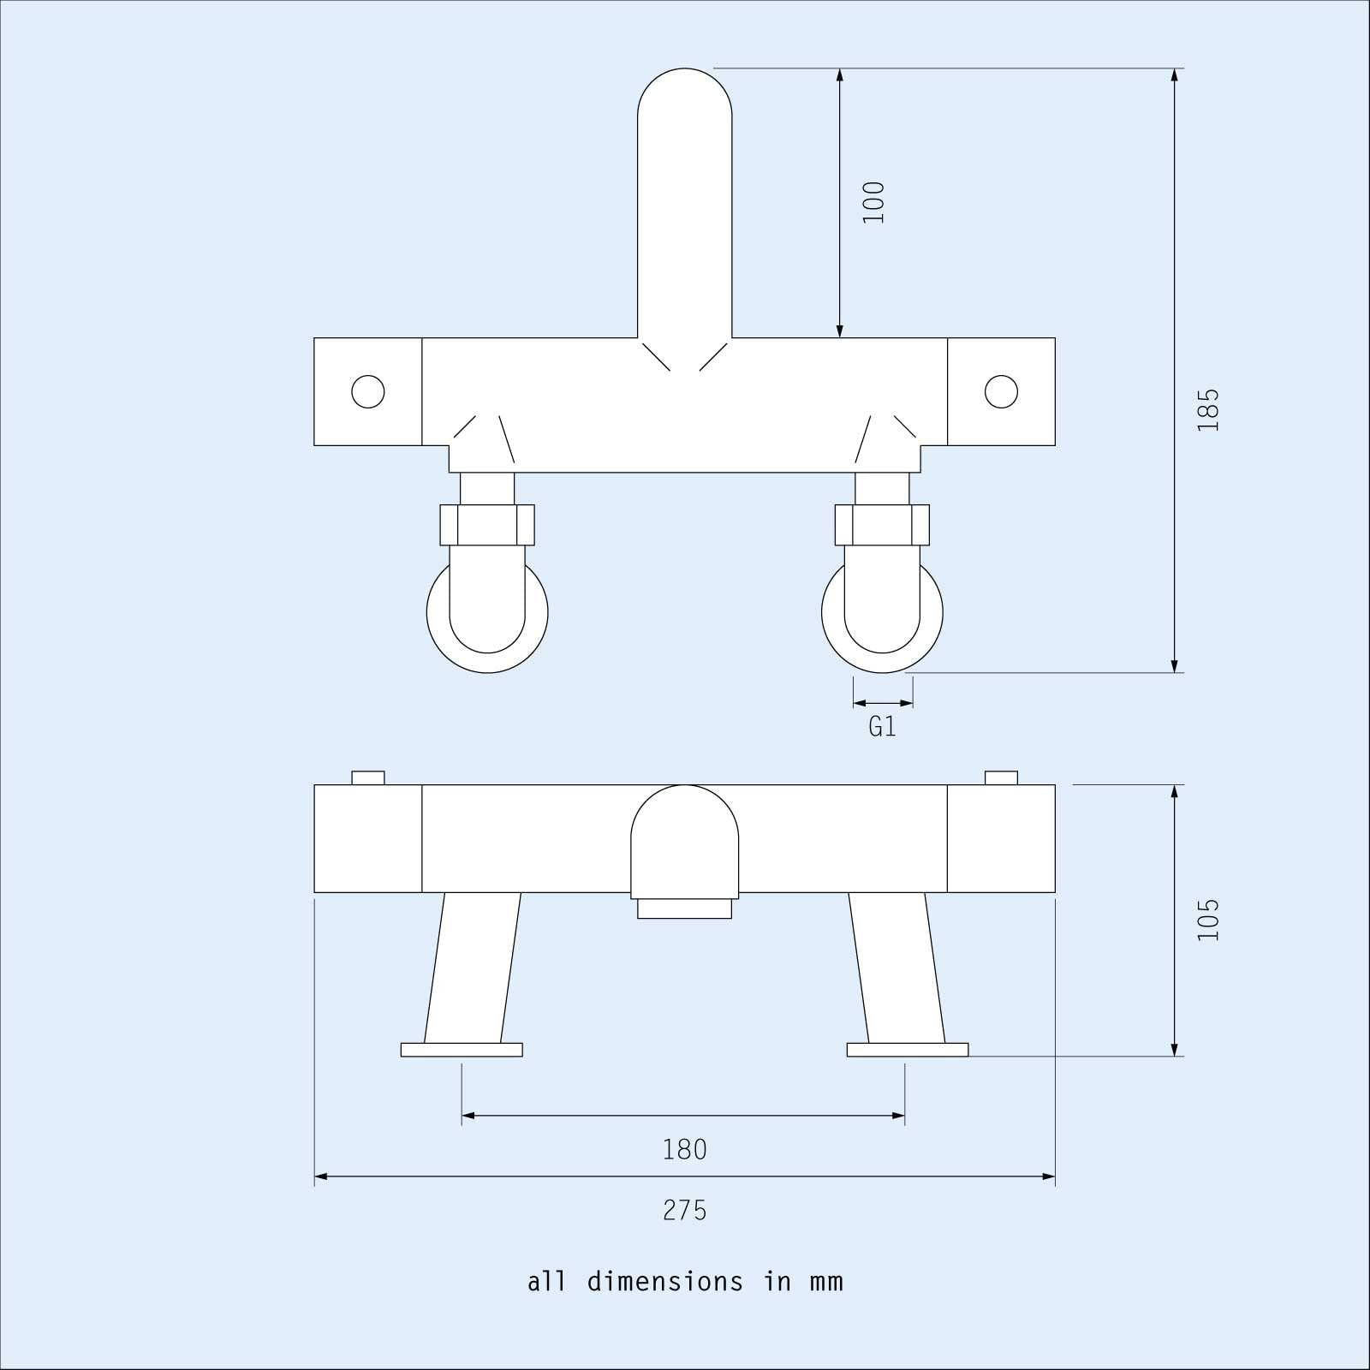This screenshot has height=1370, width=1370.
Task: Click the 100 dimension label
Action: tap(873, 203)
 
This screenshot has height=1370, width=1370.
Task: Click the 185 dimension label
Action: tap(1207, 410)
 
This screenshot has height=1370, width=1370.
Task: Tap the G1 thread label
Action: tap(882, 727)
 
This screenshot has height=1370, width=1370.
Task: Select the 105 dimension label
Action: tap(1207, 920)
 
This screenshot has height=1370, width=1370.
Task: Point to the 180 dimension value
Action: tap(685, 1149)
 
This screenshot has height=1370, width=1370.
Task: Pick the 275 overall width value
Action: tap(685, 1211)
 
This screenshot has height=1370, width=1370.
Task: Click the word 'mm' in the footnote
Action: tap(825, 1283)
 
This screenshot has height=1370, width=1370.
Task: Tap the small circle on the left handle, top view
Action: tap(368, 392)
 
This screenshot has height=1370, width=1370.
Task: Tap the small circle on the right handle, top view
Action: tap(1001, 392)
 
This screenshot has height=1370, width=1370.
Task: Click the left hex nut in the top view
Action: tap(487, 525)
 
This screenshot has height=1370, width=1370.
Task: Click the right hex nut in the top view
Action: tap(882, 525)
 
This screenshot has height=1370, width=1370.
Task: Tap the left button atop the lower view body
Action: tap(368, 777)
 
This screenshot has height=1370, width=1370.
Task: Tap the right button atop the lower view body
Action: tap(1001, 777)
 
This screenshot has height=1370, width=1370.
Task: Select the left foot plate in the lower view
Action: tap(462, 1050)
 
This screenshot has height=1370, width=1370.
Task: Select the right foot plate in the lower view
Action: tap(908, 1050)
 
